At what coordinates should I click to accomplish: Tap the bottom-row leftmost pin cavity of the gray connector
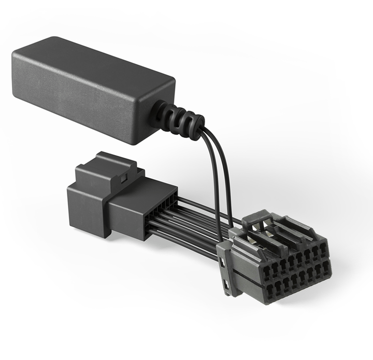[x=269, y=288]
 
